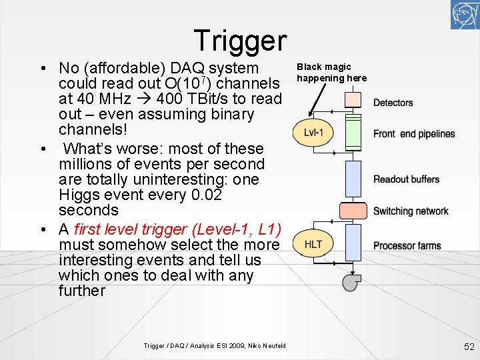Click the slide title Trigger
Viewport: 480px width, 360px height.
tap(240, 40)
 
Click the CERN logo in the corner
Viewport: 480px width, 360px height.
tap(465, 15)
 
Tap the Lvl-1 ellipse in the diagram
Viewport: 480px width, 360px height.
tap(313, 133)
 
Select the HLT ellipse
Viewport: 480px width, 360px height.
tap(313, 244)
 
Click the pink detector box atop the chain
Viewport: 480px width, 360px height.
tap(352, 100)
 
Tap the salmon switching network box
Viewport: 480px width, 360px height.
tap(352, 211)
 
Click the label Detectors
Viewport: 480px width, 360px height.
tap(393, 103)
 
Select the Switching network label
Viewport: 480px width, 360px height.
tap(411, 211)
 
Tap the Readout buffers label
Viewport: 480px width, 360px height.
tap(406, 179)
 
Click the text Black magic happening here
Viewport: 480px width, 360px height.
tap(331, 73)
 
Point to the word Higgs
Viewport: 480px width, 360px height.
tap(79, 195)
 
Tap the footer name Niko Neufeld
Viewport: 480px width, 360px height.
tap(267, 345)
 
